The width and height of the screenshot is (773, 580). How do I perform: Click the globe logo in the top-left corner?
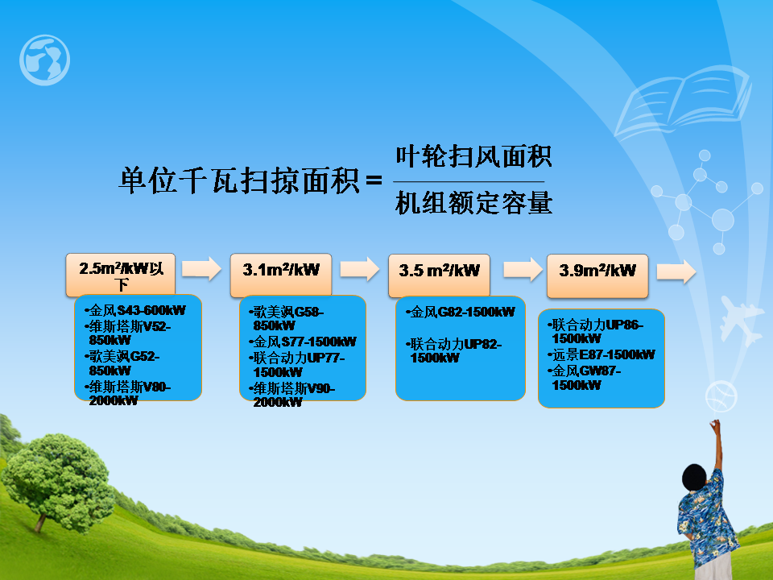click(x=44, y=60)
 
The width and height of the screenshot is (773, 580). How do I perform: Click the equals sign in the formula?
click(x=374, y=180)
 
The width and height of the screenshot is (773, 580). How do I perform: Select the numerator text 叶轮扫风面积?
click(x=473, y=156)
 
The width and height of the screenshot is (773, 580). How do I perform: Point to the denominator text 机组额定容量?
click(x=473, y=203)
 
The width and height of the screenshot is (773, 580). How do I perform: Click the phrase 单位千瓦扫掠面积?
click(x=238, y=180)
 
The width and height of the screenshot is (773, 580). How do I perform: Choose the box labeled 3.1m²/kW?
click(x=281, y=275)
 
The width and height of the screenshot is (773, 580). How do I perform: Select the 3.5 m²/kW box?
click(x=440, y=275)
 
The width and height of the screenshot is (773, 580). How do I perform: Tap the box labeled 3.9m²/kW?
click(x=597, y=275)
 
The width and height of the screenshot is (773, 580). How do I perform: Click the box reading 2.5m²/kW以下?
click(x=121, y=275)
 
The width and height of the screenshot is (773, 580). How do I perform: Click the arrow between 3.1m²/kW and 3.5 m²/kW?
click(x=360, y=269)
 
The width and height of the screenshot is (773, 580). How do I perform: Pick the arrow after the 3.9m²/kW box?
click(x=676, y=271)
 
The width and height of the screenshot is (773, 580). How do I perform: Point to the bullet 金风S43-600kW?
click(x=135, y=310)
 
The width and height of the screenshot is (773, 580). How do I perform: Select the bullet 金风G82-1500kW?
click(x=461, y=312)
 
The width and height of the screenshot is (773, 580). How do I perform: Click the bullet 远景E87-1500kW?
click(x=601, y=354)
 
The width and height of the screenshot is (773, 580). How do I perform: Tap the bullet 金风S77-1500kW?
click(x=302, y=342)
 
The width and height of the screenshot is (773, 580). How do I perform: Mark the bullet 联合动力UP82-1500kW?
click(x=453, y=350)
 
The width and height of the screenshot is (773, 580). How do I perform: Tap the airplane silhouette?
click(x=739, y=320)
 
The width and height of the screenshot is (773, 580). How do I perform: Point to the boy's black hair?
click(x=695, y=478)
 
